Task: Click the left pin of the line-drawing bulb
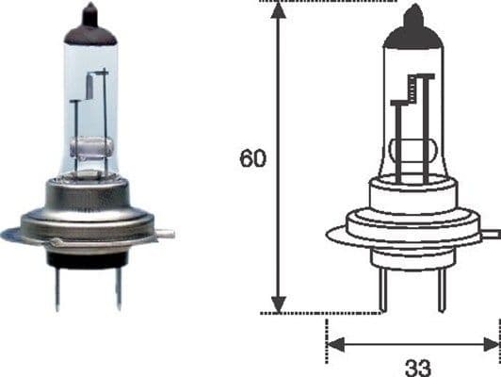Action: pos(384,291)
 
